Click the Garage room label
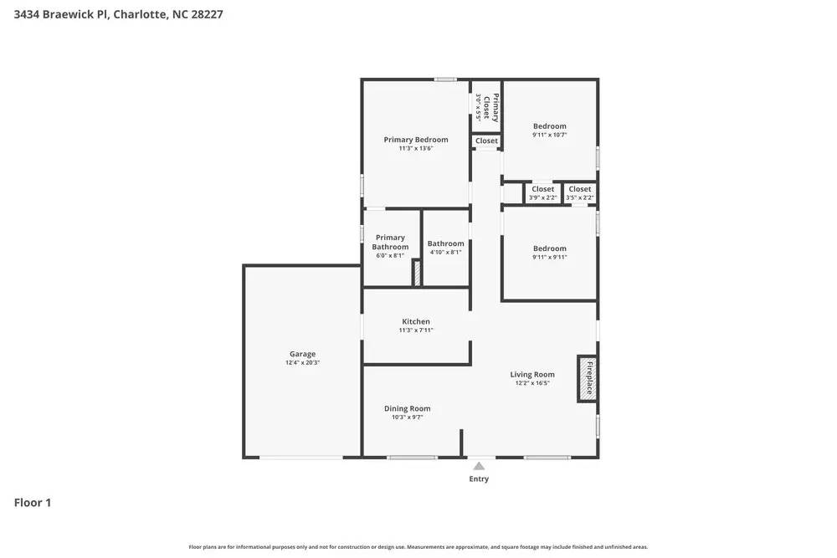coord(302,354)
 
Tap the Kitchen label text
coord(416,321)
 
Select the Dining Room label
coord(408,408)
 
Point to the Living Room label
coord(532,374)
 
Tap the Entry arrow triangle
coord(479,467)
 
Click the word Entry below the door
coord(479,479)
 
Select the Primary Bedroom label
coord(416,140)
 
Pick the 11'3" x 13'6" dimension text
coord(416,149)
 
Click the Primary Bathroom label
coord(390,242)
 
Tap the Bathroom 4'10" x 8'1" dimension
coord(445,253)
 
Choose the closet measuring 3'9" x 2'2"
coord(542,193)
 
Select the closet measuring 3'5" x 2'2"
coord(580,193)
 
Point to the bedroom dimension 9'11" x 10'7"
coord(550,135)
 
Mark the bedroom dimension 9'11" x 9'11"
coord(550,257)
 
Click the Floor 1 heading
coord(33,503)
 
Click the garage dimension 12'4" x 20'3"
coord(302,363)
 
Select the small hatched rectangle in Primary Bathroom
coord(415,273)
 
